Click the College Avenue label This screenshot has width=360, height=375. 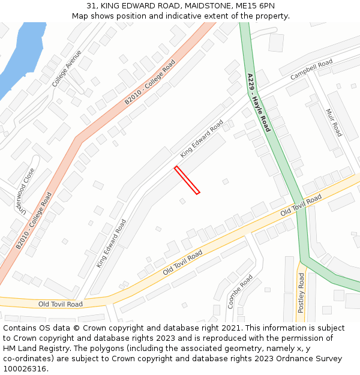tap(67, 68)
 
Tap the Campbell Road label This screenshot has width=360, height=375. tap(311, 70)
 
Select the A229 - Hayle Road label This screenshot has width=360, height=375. tap(259, 103)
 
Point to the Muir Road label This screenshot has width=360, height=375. tap(333, 122)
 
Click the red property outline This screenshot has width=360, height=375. tap(187, 180)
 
